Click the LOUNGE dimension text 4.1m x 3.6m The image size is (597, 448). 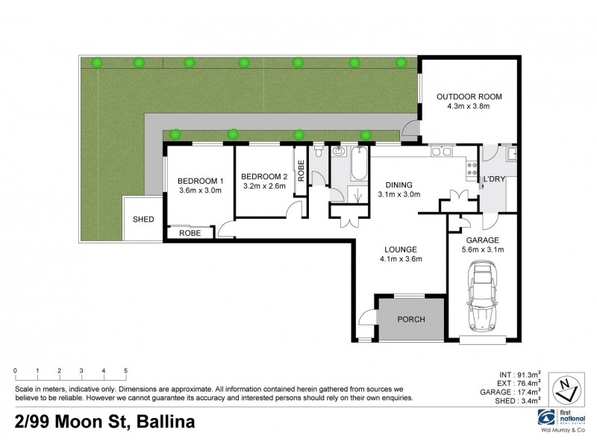click(400, 260)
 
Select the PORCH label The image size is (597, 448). click(410, 320)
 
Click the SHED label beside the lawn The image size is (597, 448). click(143, 220)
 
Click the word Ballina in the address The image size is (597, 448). click(163, 423)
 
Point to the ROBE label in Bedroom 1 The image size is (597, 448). click(190, 233)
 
